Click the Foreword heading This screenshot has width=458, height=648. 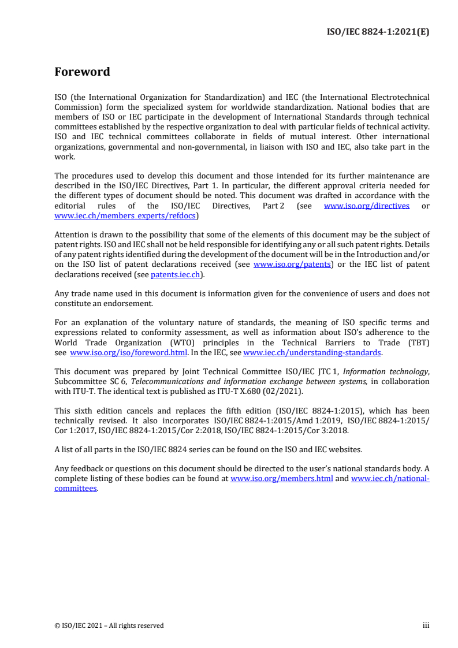[82, 72]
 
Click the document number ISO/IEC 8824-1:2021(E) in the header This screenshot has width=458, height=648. [377, 32]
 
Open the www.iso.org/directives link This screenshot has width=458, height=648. [367, 206]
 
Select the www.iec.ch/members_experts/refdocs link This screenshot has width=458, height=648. [125, 215]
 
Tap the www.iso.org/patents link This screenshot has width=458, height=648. [292, 265]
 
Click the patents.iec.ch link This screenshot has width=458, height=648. [176, 274]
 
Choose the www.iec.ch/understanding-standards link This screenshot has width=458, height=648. [312, 352]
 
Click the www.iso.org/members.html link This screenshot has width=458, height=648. [281, 479]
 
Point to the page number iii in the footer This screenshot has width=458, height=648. [426, 625]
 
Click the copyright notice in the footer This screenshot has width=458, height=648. [109, 625]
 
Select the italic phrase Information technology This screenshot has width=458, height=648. [390, 372]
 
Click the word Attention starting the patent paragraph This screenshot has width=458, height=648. [72, 235]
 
